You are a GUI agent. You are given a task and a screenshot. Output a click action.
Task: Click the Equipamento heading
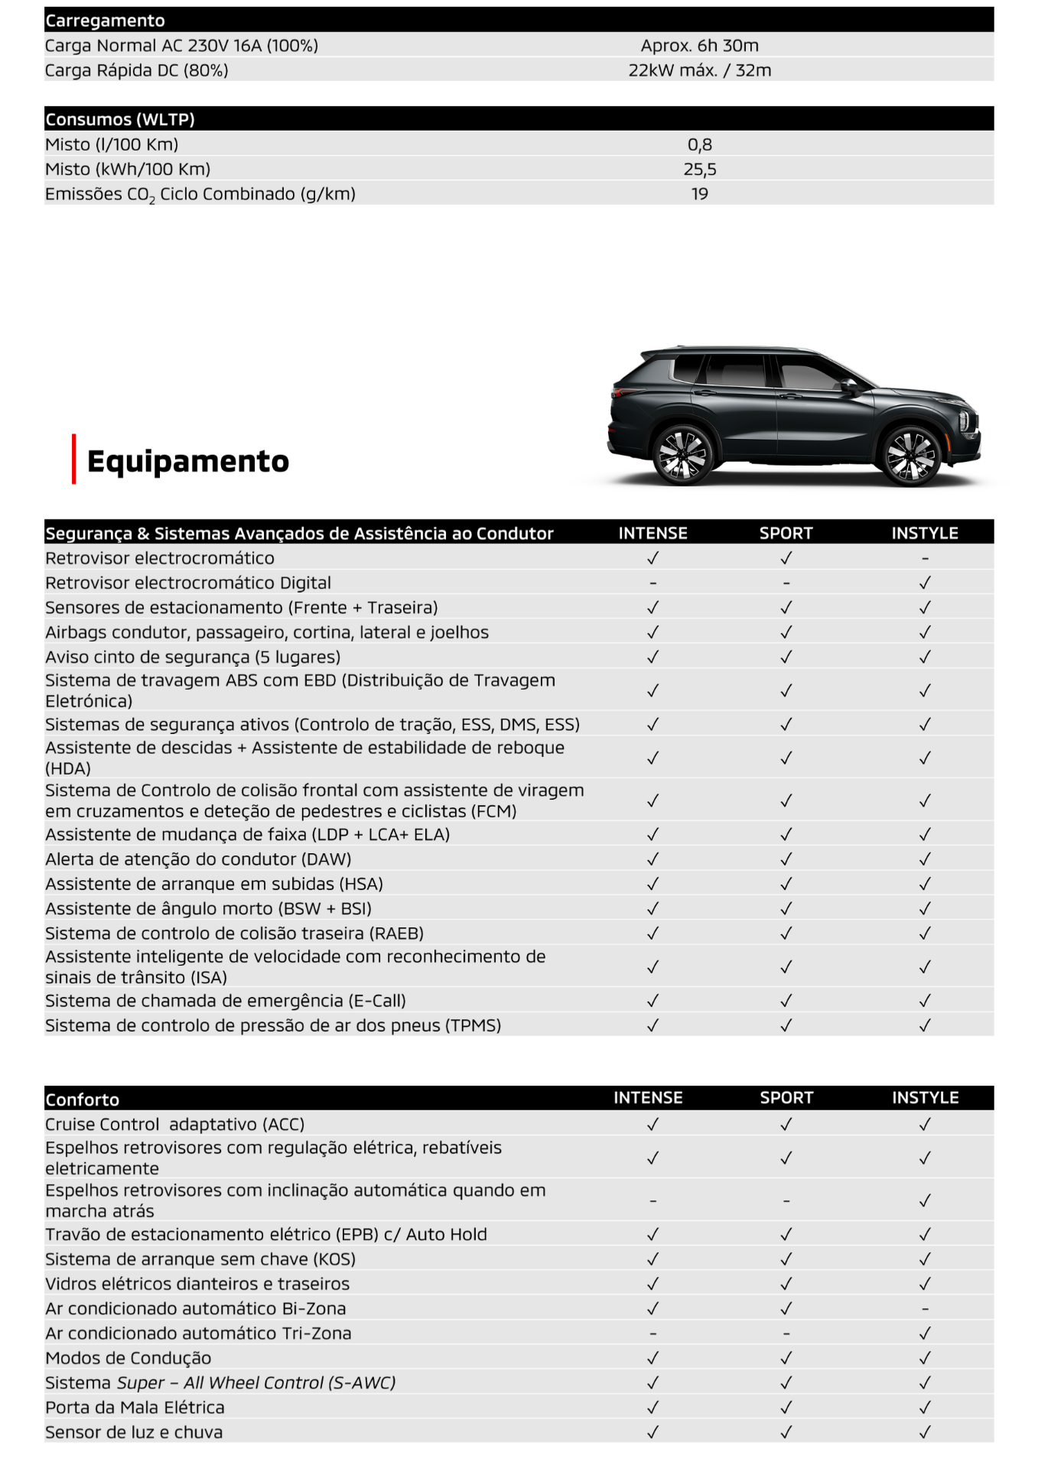(x=187, y=461)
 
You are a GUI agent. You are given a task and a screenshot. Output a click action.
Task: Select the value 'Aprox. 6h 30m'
(x=699, y=46)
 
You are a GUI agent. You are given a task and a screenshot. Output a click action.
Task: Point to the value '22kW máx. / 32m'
(x=699, y=70)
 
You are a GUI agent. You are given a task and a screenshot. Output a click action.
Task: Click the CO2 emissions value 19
(x=699, y=194)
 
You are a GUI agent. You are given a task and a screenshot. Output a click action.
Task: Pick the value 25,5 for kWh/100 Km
(x=699, y=169)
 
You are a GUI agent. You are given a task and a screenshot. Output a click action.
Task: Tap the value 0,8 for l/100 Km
(x=699, y=145)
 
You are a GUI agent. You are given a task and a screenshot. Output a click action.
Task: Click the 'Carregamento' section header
(x=105, y=21)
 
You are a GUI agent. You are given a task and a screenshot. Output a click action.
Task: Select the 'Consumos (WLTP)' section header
(x=120, y=119)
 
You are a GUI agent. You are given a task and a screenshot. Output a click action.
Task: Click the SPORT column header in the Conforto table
(x=786, y=1098)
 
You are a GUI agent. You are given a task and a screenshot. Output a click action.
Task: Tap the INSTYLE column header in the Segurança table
(x=925, y=533)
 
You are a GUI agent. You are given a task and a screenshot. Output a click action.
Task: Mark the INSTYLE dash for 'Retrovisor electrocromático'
(x=925, y=559)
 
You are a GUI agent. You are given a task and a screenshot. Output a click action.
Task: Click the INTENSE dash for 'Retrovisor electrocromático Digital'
(x=652, y=583)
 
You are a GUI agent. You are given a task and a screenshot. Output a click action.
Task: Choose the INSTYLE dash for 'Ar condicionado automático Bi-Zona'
(x=925, y=1309)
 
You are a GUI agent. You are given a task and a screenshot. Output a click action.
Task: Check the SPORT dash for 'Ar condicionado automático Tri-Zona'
(x=786, y=1333)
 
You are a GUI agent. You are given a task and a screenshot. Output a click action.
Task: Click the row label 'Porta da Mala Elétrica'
(x=135, y=1408)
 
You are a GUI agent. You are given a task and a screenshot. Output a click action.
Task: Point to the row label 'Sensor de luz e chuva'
(x=134, y=1432)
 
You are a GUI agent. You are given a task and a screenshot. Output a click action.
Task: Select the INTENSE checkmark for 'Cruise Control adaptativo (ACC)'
(x=652, y=1125)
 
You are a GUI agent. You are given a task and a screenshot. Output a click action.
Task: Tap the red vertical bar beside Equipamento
(x=74, y=459)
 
